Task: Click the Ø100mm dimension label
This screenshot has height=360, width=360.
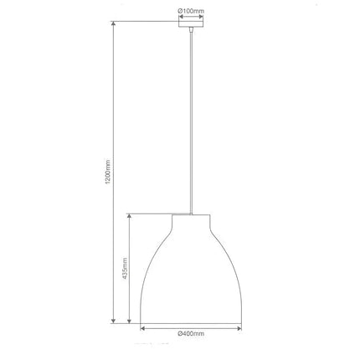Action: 191,12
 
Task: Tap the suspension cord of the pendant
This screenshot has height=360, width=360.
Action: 191,126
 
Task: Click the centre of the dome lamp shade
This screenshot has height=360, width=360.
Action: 191,276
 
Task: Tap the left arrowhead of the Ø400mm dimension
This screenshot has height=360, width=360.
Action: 141,328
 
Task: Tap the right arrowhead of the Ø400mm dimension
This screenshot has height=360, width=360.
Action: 242,328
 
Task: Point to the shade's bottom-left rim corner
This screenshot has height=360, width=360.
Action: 140,322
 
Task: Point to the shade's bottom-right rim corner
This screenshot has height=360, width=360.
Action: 243,322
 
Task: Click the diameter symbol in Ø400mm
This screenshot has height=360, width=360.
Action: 180,334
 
